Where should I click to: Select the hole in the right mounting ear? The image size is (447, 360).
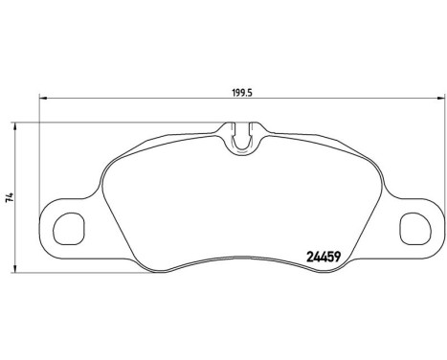pyautogui.click(x=413, y=228)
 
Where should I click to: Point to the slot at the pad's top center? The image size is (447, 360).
pyautogui.click(x=245, y=136)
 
